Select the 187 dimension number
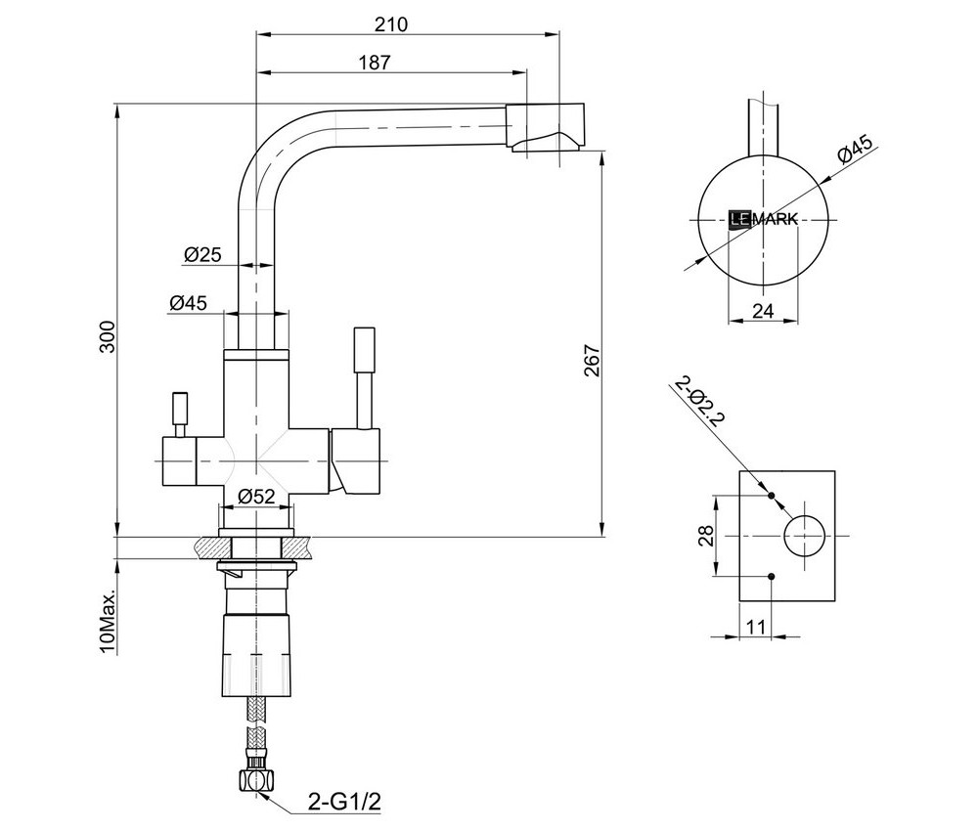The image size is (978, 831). [x=375, y=63]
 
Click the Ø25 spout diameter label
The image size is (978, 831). [x=202, y=255]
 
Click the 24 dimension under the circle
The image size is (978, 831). [x=764, y=311]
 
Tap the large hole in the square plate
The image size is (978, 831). [x=805, y=535]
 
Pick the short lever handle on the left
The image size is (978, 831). [x=180, y=411]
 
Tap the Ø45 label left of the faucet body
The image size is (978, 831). [x=188, y=303]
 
